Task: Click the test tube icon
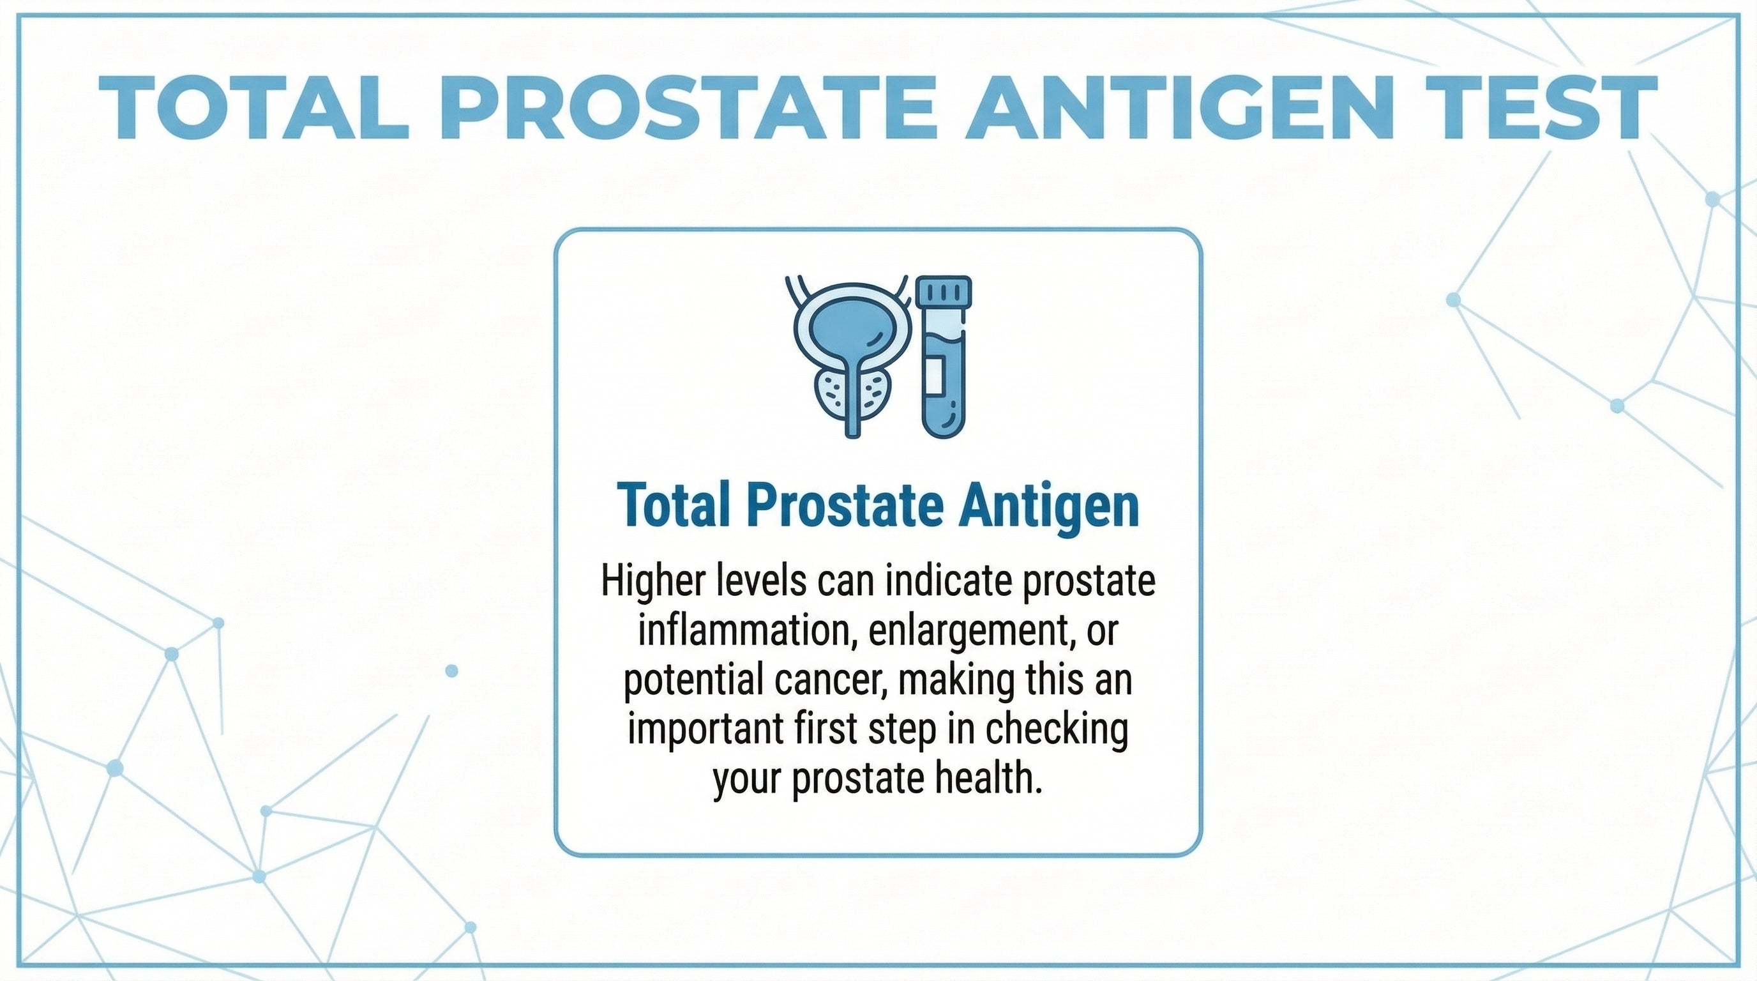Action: [x=944, y=356]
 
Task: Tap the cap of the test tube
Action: [x=944, y=291]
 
